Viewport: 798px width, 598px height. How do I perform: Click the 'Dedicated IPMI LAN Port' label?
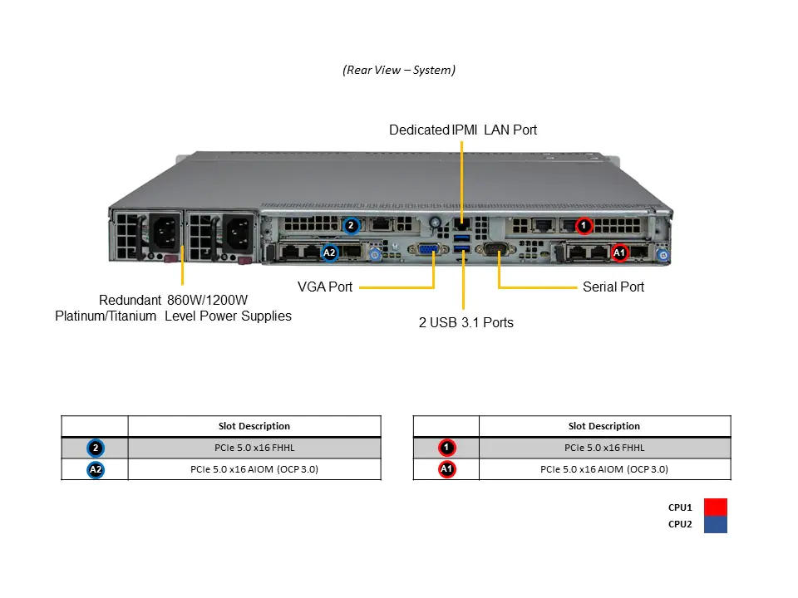tap(463, 130)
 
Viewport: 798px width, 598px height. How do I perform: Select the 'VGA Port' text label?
tap(325, 287)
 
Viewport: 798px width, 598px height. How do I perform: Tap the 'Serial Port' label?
tap(613, 287)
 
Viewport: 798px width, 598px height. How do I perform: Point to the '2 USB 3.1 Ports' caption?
tap(465, 322)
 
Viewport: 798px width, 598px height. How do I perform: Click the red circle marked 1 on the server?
tap(584, 224)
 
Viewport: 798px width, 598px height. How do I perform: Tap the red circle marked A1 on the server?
tap(619, 252)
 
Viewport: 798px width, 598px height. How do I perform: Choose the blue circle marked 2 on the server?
tap(351, 224)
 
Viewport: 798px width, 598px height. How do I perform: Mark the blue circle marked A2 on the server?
tap(329, 252)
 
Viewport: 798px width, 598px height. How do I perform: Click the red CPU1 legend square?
tap(715, 507)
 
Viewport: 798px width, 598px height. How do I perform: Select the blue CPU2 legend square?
tap(715, 524)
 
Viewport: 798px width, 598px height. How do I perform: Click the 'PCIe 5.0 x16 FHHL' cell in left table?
tap(254, 448)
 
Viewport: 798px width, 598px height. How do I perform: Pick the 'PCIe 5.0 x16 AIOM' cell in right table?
tap(604, 469)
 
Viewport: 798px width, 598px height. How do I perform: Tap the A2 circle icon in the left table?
tap(96, 469)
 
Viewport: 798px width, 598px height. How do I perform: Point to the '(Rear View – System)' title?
tap(399, 71)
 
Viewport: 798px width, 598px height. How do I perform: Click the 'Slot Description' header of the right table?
tap(604, 426)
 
